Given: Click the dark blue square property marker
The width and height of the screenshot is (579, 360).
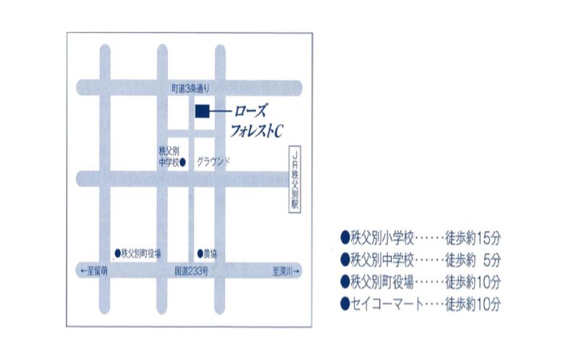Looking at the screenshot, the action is point(202,111).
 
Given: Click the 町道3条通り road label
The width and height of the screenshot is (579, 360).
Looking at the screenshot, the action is point(190,88).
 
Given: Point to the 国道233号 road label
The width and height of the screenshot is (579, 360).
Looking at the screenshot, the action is point(192,272).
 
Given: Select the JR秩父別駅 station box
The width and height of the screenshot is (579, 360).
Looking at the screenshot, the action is point(295,180).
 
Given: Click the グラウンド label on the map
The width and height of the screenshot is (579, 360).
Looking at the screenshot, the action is point(213,162).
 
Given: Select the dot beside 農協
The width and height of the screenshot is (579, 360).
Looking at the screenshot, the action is point(200,254).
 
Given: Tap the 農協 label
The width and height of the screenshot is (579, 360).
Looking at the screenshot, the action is point(211,254).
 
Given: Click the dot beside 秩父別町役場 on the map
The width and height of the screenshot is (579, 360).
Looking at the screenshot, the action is point(117,253).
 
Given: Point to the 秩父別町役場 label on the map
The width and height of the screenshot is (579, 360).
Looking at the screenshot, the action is point(142,253).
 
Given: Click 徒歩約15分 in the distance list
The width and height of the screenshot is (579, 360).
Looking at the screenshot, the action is point(473,237).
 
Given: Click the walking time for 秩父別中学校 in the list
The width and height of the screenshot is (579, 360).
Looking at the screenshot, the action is point(473,259).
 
